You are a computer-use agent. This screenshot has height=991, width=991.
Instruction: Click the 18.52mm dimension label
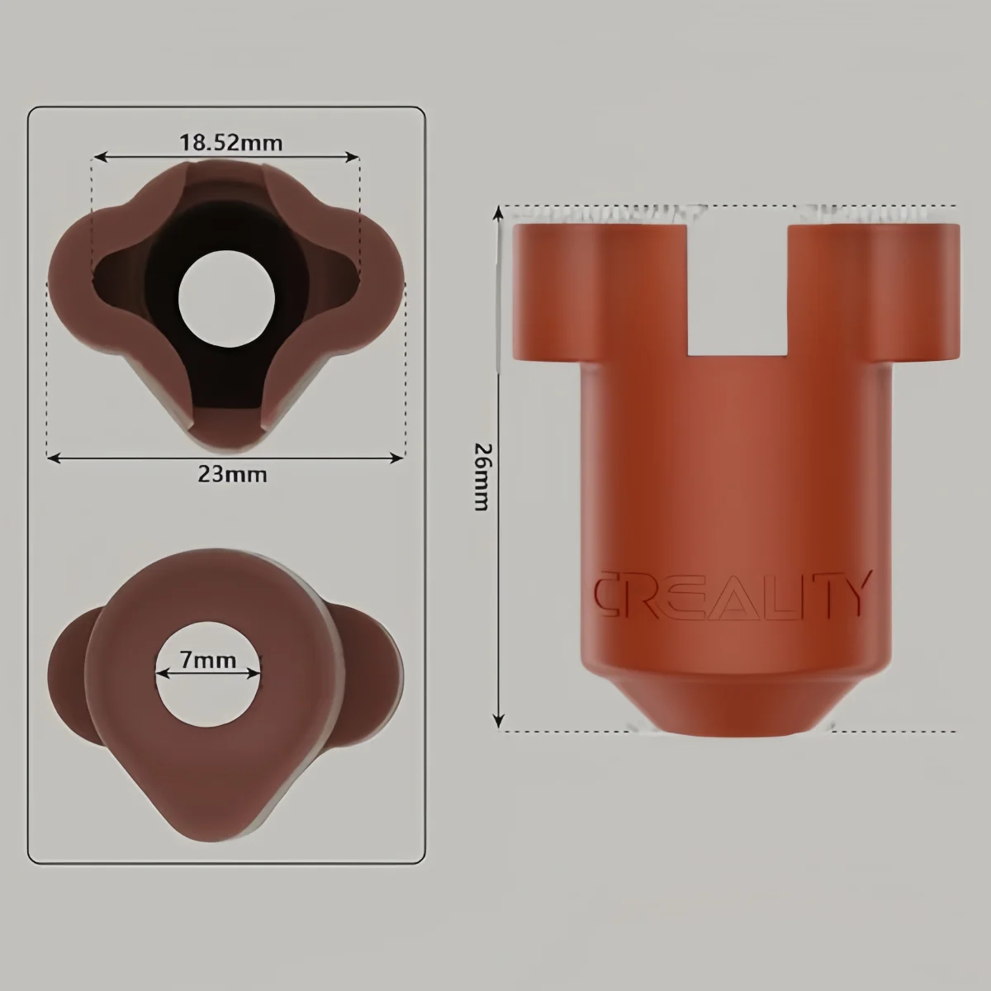(231, 143)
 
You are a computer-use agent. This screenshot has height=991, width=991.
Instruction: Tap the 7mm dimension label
(208, 661)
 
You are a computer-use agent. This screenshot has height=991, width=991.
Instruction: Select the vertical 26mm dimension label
(481, 477)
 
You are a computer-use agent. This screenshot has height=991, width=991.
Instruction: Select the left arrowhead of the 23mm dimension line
(52, 456)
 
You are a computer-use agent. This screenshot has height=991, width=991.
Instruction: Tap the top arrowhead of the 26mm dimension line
(498, 212)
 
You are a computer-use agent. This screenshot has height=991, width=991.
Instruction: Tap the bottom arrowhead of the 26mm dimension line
(498, 723)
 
